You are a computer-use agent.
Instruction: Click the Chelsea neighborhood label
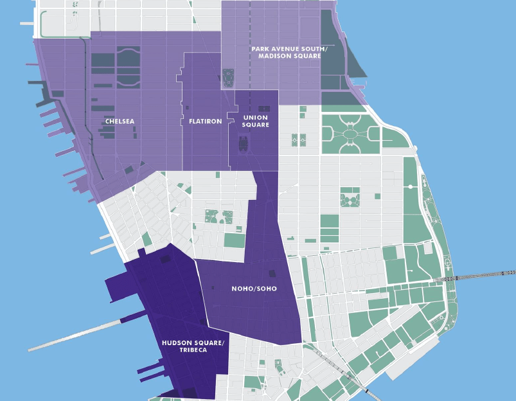(x=120, y=121)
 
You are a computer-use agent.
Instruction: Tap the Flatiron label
(x=206, y=121)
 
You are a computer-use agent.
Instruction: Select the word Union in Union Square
(x=256, y=118)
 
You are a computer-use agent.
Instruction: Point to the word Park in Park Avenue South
(x=260, y=49)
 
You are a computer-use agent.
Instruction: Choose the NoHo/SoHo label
(x=254, y=289)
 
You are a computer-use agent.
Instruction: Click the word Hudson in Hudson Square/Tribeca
(x=175, y=342)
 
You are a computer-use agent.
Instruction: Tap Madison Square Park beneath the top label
(x=228, y=78)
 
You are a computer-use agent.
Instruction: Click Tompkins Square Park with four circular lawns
(x=350, y=199)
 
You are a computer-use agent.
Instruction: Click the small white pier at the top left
(x=28, y=23)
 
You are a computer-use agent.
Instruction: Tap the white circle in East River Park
(x=411, y=186)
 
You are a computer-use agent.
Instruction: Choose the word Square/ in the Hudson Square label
(x=211, y=342)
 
